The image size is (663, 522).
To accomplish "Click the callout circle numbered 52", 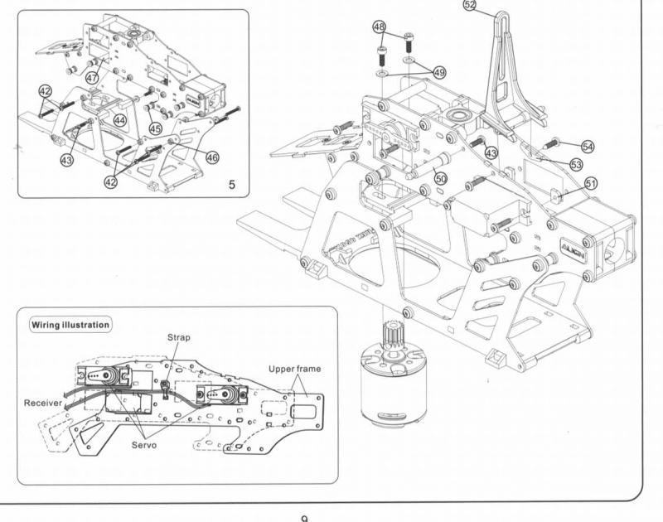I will pos(471,5).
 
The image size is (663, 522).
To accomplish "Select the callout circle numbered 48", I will pos(380,27).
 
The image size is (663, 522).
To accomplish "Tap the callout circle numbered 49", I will pos(439,73).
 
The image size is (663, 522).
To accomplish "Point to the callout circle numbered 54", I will pos(588,146).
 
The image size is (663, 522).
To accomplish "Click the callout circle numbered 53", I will pos(575,164).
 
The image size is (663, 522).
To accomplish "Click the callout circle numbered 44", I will pos(120,120).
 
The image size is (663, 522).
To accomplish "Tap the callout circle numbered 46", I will pos(212,157).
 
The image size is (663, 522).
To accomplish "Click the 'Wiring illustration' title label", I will pos(70,325).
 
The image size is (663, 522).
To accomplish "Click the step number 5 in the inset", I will pos(232,185).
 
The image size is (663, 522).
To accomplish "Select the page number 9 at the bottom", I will pos(306,517).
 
